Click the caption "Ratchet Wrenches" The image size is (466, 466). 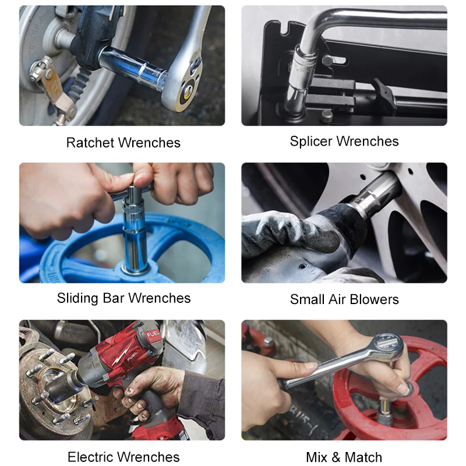(123, 143)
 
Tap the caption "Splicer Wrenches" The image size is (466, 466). (344, 142)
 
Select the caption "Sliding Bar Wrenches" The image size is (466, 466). (123, 298)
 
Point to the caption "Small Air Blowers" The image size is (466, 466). (344, 299)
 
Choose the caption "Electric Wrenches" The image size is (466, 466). (123, 457)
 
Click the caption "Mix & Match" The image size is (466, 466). (344, 457)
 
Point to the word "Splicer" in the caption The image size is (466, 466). (312, 142)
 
